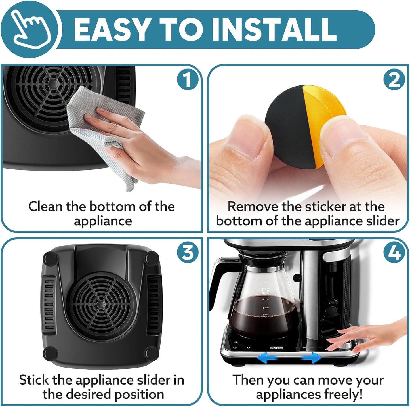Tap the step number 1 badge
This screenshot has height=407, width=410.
click(x=187, y=80)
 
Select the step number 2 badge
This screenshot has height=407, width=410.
click(x=394, y=80)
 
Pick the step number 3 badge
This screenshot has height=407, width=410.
click(x=187, y=252)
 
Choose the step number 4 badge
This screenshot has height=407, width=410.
click(x=394, y=252)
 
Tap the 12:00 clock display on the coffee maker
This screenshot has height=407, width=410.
click(x=276, y=348)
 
